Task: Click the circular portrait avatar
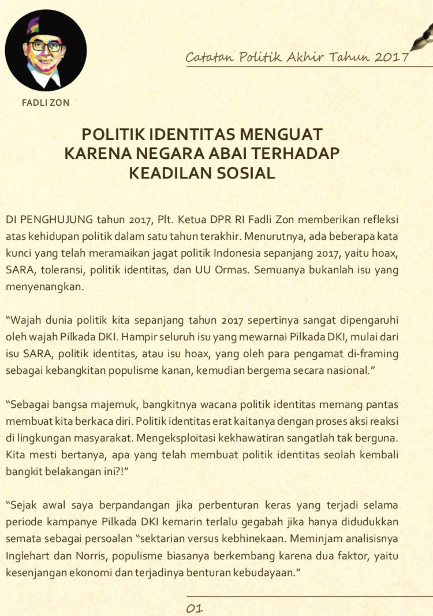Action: point(46,51)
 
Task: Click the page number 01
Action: point(194,608)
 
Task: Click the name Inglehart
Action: point(28,555)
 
